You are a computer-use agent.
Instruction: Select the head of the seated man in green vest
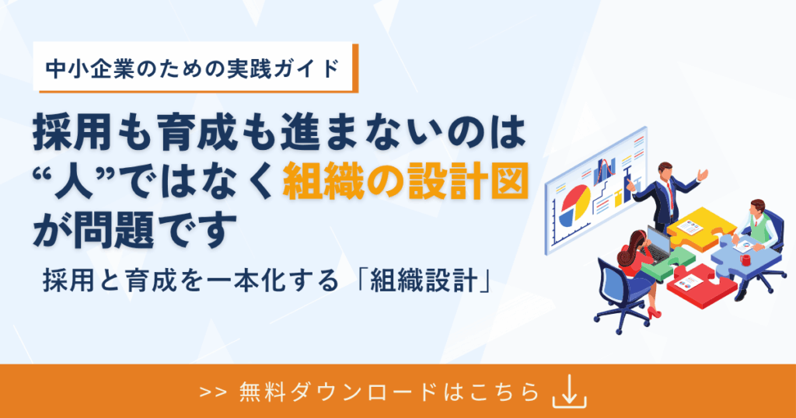coord(757,208)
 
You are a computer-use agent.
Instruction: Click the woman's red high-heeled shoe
coord(655,312)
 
